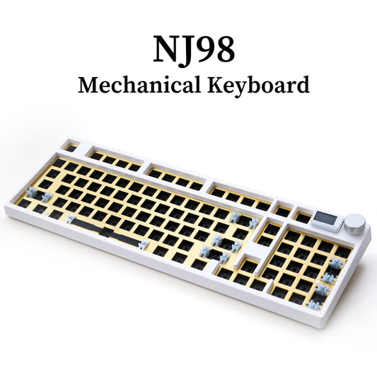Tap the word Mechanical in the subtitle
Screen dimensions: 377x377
point(129,86)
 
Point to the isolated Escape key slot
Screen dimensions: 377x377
point(71,148)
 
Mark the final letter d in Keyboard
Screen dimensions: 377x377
point(303,86)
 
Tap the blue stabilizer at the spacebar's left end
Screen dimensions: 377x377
point(71,219)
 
